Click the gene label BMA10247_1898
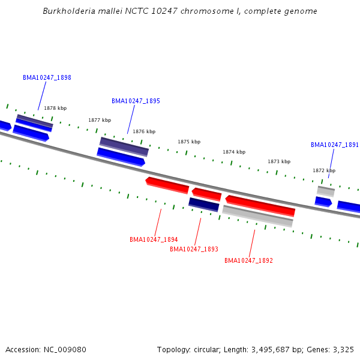click(47, 77)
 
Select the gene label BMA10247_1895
click(136, 101)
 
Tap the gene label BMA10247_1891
click(335, 145)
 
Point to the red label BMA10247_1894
click(154, 239)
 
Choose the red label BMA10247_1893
click(194, 249)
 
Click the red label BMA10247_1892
click(248, 260)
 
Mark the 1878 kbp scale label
click(55, 108)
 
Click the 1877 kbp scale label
click(100, 120)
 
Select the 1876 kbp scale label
click(144, 131)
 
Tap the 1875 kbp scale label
click(189, 142)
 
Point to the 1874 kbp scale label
click(234, 152)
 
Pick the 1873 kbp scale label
click(279, 161)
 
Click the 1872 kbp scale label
click(324, 170)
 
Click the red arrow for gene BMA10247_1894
click(167, 185)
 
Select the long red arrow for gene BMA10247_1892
click(260, 205)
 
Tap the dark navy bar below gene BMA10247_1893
click(204, 204)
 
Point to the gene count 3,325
click(343, 349)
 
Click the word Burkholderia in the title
click(66, 11)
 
